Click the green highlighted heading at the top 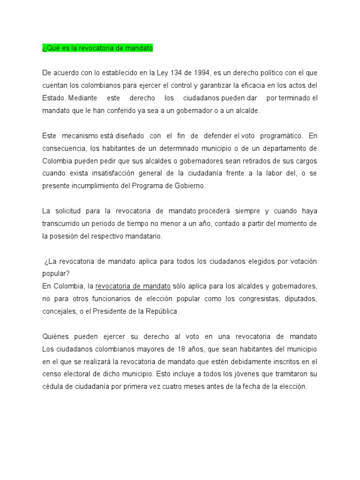97,48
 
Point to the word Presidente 112,311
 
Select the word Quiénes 56,337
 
